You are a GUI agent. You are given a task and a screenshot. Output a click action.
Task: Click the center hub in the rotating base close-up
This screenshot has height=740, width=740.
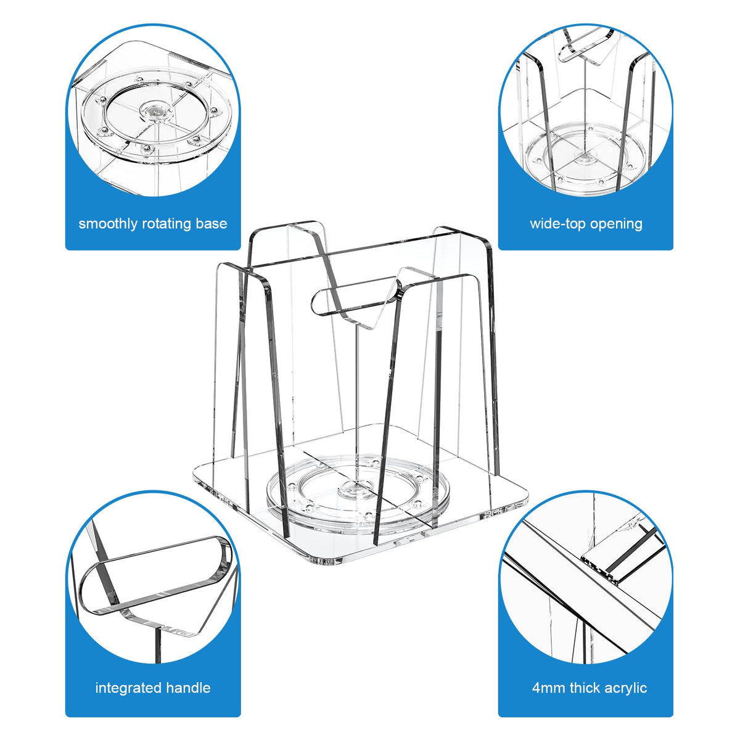coord(155,111)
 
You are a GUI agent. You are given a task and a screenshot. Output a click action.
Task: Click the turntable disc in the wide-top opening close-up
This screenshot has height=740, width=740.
coord(585,157)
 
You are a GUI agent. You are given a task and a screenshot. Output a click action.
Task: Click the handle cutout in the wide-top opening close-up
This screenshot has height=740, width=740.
coord(585,47)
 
